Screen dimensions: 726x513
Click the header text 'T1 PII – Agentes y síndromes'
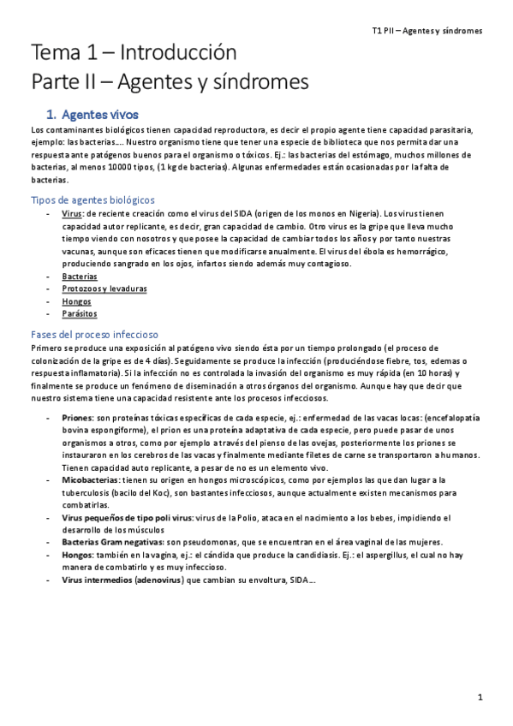pos(427,30)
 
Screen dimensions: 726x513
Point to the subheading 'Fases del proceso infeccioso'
pos(95,333)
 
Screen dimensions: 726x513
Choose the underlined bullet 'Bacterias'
pos(79,277)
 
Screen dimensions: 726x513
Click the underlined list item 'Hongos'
pos(76,301)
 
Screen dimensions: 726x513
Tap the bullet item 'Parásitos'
pos(79,314)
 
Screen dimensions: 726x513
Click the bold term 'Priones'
pos(79,416)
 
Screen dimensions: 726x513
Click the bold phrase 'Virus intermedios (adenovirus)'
pos(122,580)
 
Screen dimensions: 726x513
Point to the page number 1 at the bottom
pos(481,698)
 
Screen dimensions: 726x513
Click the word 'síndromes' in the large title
pos(257,83)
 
